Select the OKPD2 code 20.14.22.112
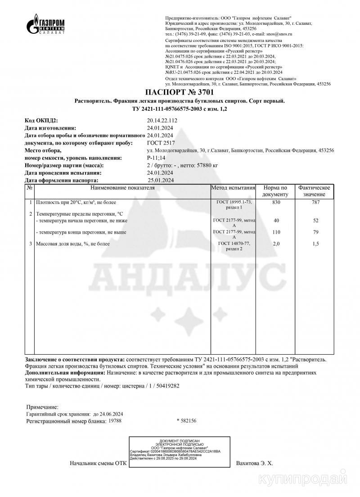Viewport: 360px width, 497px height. pos(162,121)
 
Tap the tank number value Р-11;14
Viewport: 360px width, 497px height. pos(156,158)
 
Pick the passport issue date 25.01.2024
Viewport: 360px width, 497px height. pos(161,180)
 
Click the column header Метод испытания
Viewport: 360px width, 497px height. pos(234,188)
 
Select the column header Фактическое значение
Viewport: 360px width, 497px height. pos(315,191)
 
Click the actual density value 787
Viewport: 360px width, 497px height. pos(315,202)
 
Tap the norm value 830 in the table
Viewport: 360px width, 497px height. pos(275,202)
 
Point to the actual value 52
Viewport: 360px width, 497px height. pos(315,221)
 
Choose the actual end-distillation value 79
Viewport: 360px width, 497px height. pos(315,232)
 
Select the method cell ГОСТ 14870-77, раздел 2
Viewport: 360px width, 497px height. pos(234,246)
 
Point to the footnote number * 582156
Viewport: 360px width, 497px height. pos(187,421)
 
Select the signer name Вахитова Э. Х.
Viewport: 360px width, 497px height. pos(255,463)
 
